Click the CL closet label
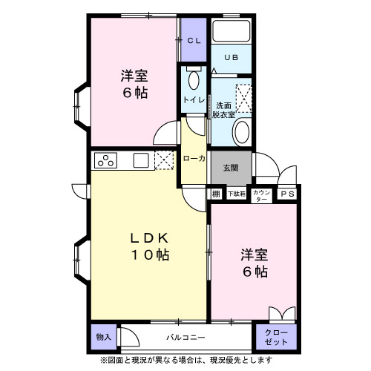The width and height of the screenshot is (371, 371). (194, 41)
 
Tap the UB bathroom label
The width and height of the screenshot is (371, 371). (232, 57)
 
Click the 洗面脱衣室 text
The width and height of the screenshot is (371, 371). (224, 110)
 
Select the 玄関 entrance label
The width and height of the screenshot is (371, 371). (232, 168)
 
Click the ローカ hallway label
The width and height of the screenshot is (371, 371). (194, 157)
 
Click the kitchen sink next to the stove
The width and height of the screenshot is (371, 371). (141, 160)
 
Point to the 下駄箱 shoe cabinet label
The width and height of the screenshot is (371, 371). (235, 194)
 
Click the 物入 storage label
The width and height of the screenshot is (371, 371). (103, 337)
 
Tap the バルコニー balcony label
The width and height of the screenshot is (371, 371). (185, 337)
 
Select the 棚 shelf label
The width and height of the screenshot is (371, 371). (215, 194)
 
